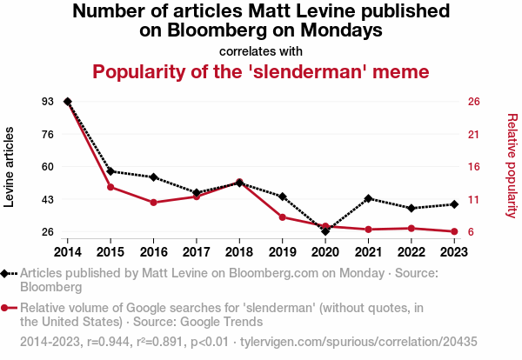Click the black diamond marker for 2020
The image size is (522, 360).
click(325, 231)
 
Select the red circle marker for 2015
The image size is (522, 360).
click(110, 187)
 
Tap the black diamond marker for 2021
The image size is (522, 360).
click(369, 198)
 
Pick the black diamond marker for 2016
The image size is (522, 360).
click(153, 177)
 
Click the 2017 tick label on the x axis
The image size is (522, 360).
click(197, 252)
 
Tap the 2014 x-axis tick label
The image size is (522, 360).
click(67, 252)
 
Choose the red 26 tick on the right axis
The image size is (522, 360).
click(474, 102)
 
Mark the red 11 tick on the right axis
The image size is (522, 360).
click(474, 199)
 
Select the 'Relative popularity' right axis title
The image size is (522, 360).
click(512, 165)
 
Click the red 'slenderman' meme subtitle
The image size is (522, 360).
click(261, 71)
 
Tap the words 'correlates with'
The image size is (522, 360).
click(261, 50)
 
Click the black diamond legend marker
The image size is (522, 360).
click(8, 273)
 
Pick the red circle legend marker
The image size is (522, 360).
click(8, 308)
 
